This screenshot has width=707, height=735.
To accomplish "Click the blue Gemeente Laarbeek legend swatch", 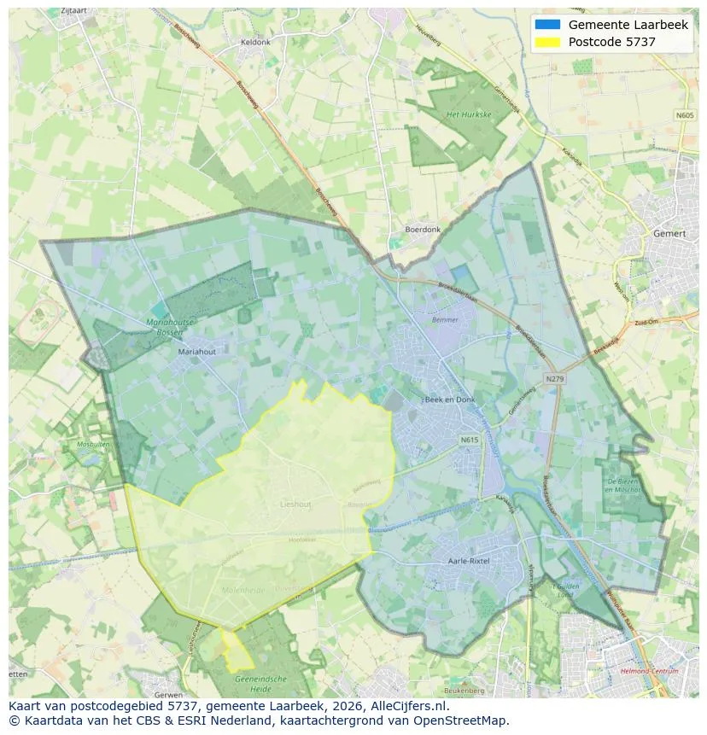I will [x=547, y=25].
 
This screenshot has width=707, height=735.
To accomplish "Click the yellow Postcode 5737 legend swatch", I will [x=547, y=42].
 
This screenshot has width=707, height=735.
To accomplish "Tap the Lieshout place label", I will [x=295, y=505].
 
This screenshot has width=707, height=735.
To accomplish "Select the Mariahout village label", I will [x=196, y=351].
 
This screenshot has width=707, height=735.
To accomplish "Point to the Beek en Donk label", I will [x=449, y=400].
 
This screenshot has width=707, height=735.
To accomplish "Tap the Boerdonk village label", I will [x=423, y=230].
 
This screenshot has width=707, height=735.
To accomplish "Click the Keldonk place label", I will [x=255, y=42].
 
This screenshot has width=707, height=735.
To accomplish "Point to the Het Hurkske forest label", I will [x=468, y=114].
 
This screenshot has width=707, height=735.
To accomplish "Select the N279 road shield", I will [x=555, y=378].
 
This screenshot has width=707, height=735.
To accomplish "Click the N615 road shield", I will [x=470, y=440].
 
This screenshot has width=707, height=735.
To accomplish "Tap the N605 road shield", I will [x=685, y=115].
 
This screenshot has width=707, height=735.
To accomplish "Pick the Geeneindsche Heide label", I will [x=261, y=684].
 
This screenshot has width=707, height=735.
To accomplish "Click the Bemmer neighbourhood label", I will [x=445, y=320].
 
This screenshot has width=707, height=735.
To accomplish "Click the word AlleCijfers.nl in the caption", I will [x=409, y=706].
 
